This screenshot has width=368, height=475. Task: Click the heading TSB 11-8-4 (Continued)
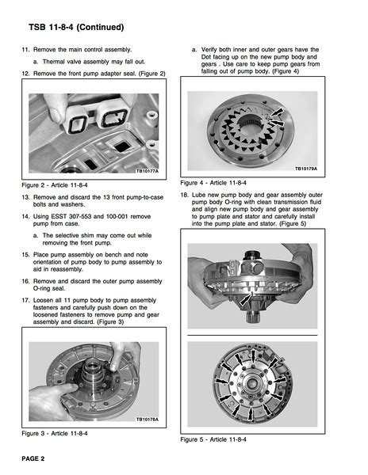(76, 27)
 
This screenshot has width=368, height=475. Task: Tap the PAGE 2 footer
(33, 458)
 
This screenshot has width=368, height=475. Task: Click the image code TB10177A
(148, 171)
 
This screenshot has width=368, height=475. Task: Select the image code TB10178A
(148, 420)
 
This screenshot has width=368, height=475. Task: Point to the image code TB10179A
(306, 169)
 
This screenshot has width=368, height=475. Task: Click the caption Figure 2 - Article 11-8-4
(55, 185)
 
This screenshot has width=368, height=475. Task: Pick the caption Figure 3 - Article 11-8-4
(55, 434)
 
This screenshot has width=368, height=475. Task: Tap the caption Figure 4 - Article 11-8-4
(213, 183)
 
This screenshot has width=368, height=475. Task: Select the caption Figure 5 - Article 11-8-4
(213, 439)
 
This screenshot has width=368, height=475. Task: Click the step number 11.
(25, 49)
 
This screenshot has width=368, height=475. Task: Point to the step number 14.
(25, 217)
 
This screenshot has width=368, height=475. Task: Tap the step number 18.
(184, 195)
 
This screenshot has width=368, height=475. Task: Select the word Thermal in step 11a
(53, 62)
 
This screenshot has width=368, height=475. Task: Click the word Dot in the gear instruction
(206, 57)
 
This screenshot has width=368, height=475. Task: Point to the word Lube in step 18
(198, 195)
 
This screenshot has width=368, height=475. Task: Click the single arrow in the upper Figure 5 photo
(246, 299)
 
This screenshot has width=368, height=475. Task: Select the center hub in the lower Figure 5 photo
(251, 384)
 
